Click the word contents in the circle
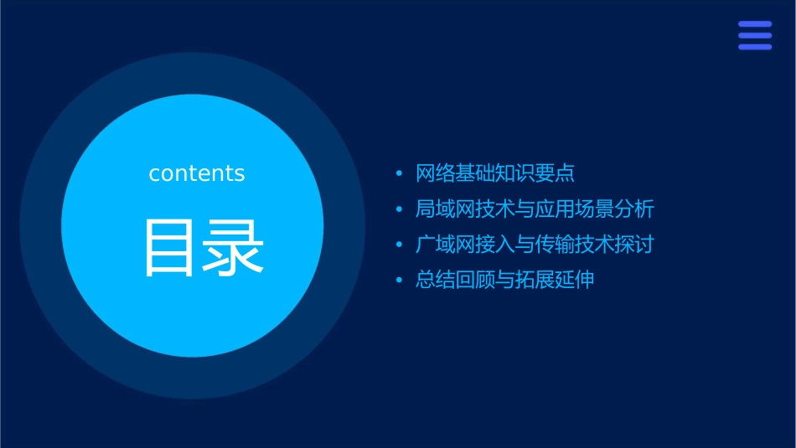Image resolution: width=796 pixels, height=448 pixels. click(197, 173)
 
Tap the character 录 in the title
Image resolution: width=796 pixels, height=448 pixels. click(233, 248)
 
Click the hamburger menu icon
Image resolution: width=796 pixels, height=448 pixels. click(755, 36)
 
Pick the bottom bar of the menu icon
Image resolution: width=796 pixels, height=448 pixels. click(755, 47)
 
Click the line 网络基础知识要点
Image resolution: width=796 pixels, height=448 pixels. click(495, 173)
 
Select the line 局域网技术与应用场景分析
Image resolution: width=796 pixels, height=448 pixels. click(535, 209)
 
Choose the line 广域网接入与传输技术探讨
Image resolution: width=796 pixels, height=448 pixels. click(535, 245)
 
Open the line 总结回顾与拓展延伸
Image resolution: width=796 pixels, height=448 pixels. click(504, 280)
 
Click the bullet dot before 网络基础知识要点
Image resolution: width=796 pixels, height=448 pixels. click(399, 174)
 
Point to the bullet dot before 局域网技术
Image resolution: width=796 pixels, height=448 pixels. click(399, 209)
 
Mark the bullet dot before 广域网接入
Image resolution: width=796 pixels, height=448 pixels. click(399, 245)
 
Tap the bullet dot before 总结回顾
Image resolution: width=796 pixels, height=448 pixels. click(399, 281)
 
